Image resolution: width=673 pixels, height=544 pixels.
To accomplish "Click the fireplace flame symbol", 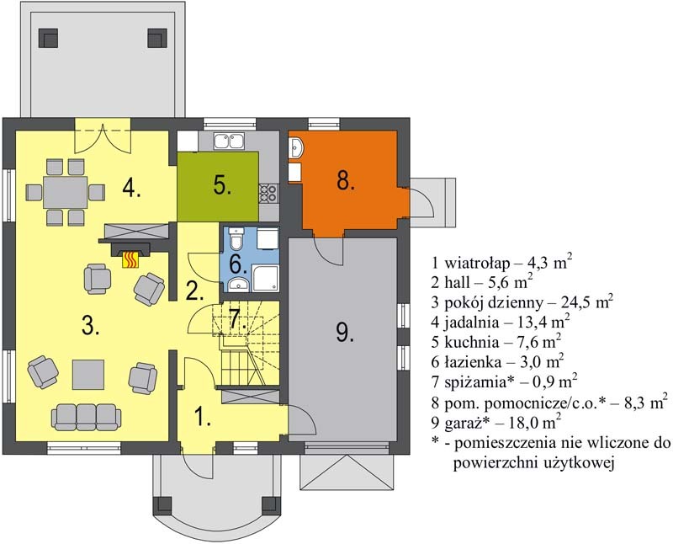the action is click(131, 259).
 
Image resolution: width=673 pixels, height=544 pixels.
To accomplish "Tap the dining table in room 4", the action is click(66, 192).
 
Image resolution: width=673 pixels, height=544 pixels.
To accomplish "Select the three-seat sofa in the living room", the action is click(87, 417).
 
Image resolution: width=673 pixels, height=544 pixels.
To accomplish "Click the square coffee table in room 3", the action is click(88, 374).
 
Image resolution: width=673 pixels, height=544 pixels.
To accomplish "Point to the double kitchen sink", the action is click(229, 141).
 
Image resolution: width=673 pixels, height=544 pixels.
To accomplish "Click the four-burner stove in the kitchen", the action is click(268, 193).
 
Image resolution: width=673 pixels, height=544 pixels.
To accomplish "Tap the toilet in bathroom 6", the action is click(236, 239).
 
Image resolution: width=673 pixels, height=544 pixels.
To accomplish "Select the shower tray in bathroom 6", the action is click(266, 279).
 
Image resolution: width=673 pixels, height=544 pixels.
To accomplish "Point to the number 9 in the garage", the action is click(345, 332).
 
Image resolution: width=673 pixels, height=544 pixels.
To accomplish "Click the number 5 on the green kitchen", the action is click(222, 185).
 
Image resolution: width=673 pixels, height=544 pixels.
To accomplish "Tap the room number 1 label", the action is click(203, 416).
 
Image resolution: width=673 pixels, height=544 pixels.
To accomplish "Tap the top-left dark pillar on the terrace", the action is click(48, 38).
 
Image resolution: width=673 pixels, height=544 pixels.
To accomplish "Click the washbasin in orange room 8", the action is click(296, 148).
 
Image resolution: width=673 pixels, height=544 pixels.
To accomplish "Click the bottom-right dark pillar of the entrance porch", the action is click(271, 506).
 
